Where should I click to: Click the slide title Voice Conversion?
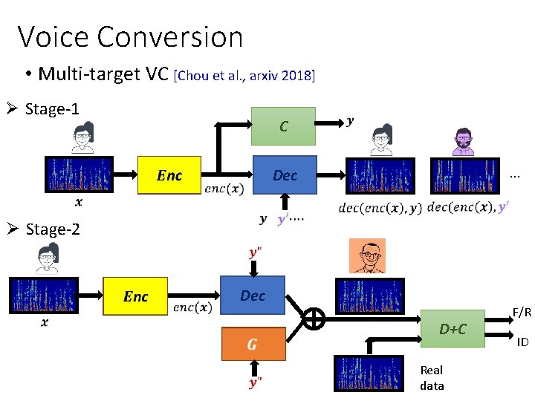click(130, 36)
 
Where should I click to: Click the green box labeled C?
click(283, 126)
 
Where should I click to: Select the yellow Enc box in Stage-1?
click(169, 175)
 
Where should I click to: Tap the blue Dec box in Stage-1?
click(285, 175)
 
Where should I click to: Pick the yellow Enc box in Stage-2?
click(135, 296)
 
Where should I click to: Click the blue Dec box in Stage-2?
click(253, 296)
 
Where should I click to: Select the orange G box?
click(253, 345)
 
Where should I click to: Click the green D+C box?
click(452, 328)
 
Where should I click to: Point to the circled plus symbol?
click(314, 319)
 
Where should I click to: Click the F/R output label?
click(521, 313)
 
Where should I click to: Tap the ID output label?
click(522, 342)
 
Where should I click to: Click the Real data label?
click(432, 377)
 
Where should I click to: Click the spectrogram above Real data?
click(369, 374)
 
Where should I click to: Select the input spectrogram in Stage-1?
click(78, 175)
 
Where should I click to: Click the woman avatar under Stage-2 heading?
click(48, 259)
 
